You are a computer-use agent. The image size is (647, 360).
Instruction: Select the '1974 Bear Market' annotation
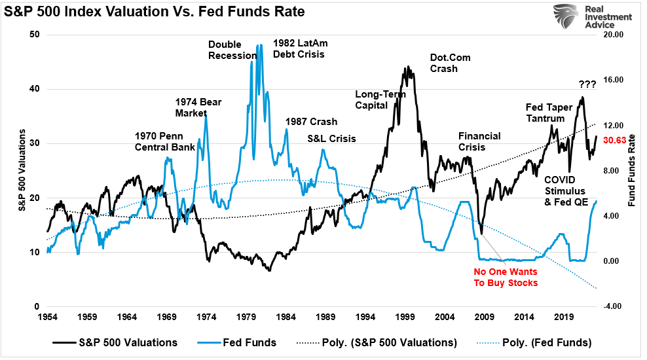[191, 107]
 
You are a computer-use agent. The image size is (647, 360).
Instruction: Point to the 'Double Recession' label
[232, 50]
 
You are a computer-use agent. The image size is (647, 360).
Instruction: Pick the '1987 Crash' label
[311, 122]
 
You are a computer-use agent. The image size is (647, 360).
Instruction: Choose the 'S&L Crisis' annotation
[331, 139]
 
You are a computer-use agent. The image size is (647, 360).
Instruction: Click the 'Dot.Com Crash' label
[450, 63]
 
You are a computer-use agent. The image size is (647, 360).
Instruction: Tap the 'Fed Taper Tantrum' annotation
[550, 112]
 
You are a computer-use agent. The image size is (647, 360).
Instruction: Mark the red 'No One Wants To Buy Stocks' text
[505, 277]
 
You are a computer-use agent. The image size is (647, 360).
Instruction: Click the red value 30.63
[616, 139]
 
